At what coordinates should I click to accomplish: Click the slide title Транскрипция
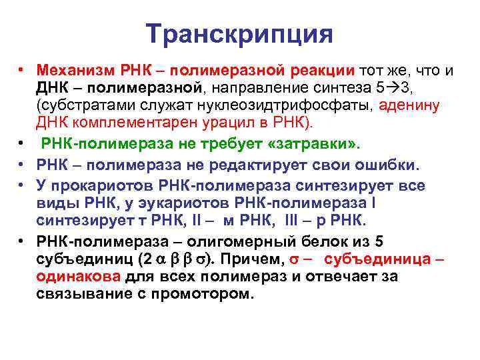point(239,33)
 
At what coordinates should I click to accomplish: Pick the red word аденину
point(412,105)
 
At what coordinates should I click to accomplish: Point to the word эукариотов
point(217,203)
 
